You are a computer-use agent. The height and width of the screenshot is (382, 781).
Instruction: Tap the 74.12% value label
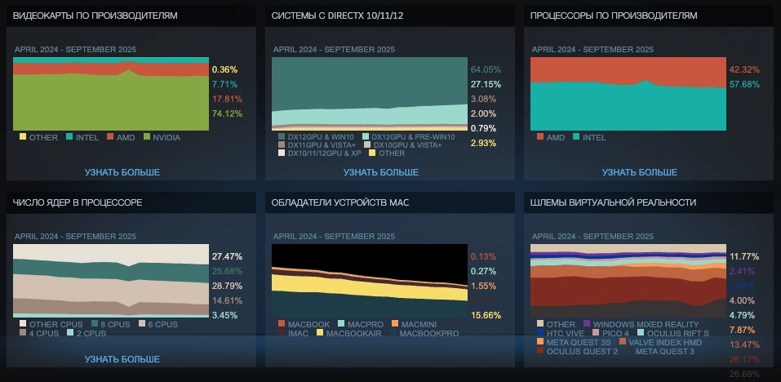(x=226, y=113)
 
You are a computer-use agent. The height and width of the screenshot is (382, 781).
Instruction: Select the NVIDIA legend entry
(x=166, y=137)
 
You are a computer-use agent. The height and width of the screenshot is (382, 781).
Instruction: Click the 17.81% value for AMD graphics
(x=226, y=99)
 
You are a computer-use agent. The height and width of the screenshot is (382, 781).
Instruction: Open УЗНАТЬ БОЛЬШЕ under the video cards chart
(x=122, y=172)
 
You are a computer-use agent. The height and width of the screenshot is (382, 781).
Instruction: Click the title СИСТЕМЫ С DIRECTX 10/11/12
(x=337, y=16)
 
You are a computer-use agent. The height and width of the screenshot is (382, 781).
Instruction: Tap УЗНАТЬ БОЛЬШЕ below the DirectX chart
(x=381, y=172)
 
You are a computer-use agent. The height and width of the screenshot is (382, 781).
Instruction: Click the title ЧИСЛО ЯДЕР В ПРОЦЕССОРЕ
(x=78, y=202)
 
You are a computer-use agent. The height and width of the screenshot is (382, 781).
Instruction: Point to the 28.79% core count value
(x=227, y=286)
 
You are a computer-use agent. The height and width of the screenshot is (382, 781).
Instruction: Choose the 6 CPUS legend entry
(x=160, y=324)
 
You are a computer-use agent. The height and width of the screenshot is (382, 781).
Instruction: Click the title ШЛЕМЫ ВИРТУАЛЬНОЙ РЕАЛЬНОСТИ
(x=613, y=202)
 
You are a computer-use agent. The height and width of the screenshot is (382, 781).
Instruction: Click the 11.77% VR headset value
(x=744, y=256)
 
